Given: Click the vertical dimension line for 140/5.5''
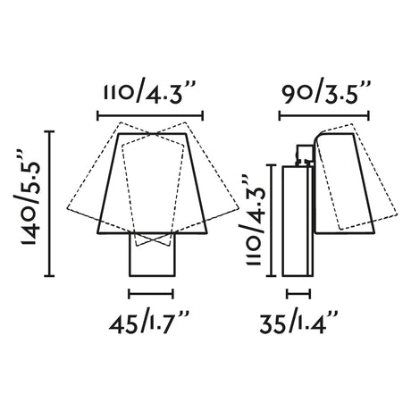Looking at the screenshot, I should pos(53,204).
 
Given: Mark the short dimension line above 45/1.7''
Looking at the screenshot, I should pos(150,292).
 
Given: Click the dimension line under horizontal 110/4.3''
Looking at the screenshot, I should pos(150,113).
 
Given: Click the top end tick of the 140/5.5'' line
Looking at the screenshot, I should pos(53,131).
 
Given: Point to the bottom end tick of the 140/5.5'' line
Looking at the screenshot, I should pos(53,276).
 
